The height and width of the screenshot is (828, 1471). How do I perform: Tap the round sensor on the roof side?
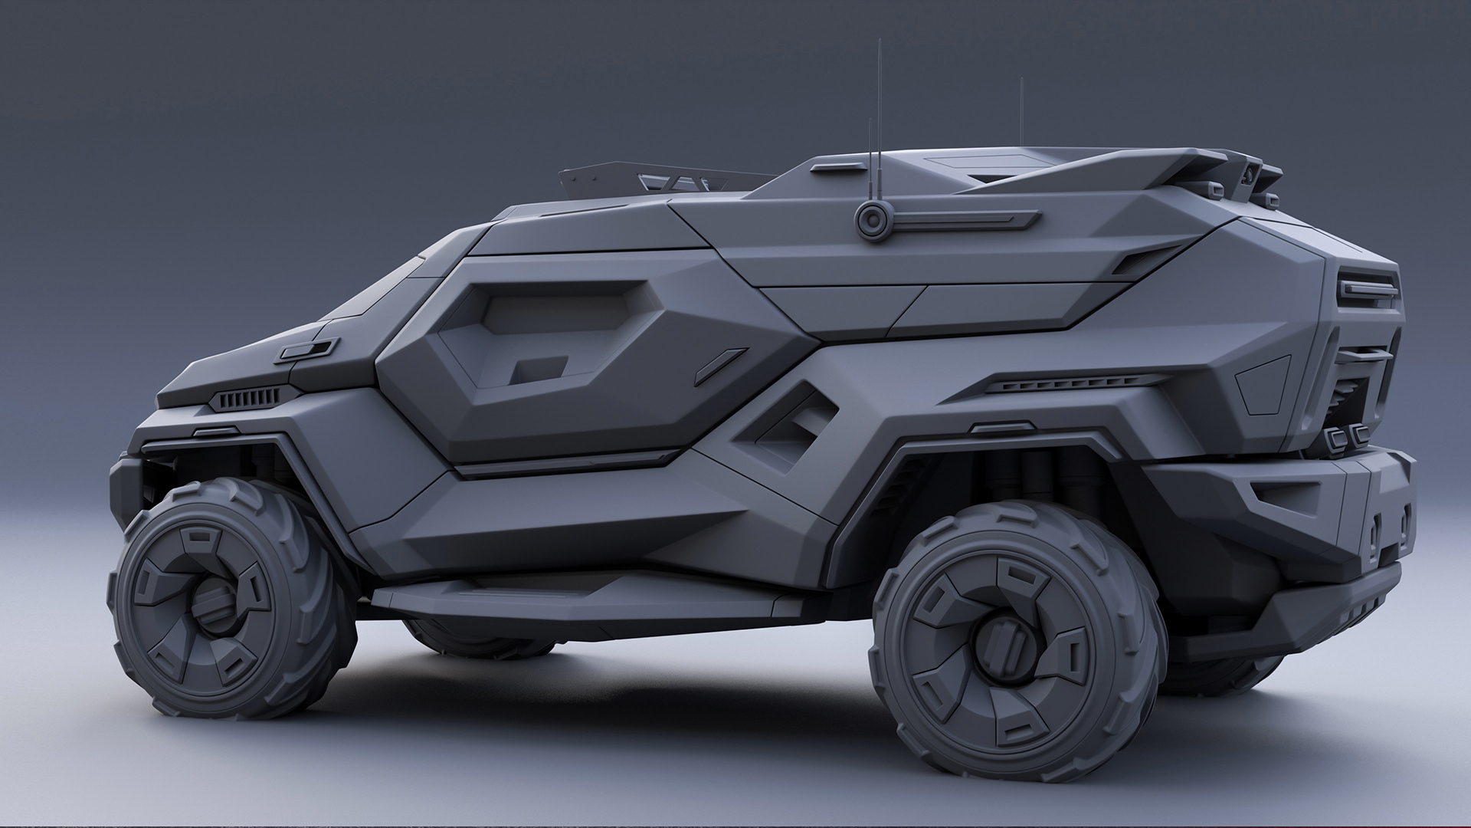[872, 220]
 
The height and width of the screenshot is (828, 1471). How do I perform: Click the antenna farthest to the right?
[1021, 115]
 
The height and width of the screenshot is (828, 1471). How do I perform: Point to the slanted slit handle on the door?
[720, 366]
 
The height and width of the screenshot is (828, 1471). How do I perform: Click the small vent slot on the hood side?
[305, 350]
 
